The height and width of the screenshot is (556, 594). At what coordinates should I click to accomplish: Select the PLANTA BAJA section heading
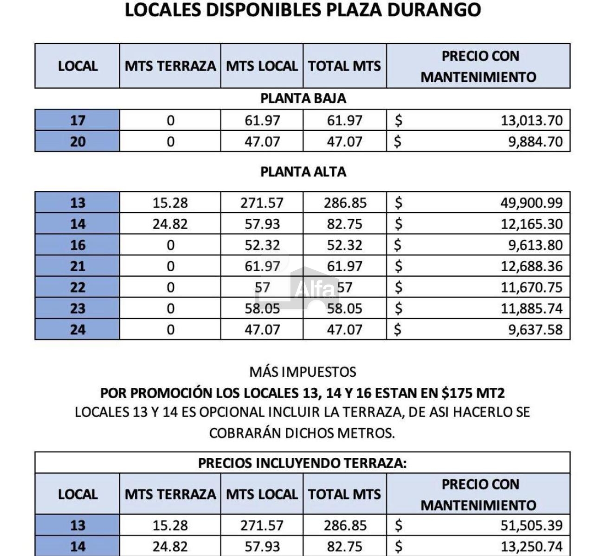pyautogui.click(x=303, y=98)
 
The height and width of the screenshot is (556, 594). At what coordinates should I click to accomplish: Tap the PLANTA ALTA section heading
pyautogui.click(x=303, y=172)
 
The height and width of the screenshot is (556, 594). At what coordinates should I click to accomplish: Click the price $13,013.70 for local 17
pyautogui.click(x=531, y=121)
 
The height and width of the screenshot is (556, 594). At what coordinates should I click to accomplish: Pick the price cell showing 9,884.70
pyautogui.click(x=535, y=141)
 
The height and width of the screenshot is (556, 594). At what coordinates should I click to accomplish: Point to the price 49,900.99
pyautogui.click(x=531, y=203)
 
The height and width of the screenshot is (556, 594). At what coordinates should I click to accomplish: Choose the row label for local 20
pyautogui.click(x=77, y=141)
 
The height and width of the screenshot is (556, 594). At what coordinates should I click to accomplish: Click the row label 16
pyautogui.click(x=77, y=245)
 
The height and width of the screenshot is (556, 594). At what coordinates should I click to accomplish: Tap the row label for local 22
pyautogui.click(x=77, y=288)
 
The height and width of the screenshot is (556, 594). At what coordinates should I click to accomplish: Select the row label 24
pyautogui.click(x=77, y=330)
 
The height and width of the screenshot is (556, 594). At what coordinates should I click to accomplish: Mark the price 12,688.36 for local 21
pyautogui.click(x=531, y=267)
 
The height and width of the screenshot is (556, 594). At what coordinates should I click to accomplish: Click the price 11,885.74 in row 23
pyautogui.click(x=531, y=308)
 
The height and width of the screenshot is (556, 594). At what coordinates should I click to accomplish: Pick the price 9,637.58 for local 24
pyautogui.click(x=535, y=330)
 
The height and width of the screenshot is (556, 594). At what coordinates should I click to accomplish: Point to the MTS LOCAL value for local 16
pyautogui.click(x=262, y=245)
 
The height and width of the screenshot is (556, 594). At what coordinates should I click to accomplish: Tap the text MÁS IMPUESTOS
pyautogui.click(x=303, y=372)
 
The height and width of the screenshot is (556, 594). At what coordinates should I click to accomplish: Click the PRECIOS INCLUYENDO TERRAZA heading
pyautogui.click(x=303, y=464)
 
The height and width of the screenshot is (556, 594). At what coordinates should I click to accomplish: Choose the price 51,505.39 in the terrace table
pyautogui.click(x=531, y=525)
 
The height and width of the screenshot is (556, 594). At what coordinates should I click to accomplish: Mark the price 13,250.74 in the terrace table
pyautogui.click(x=531, y=546)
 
